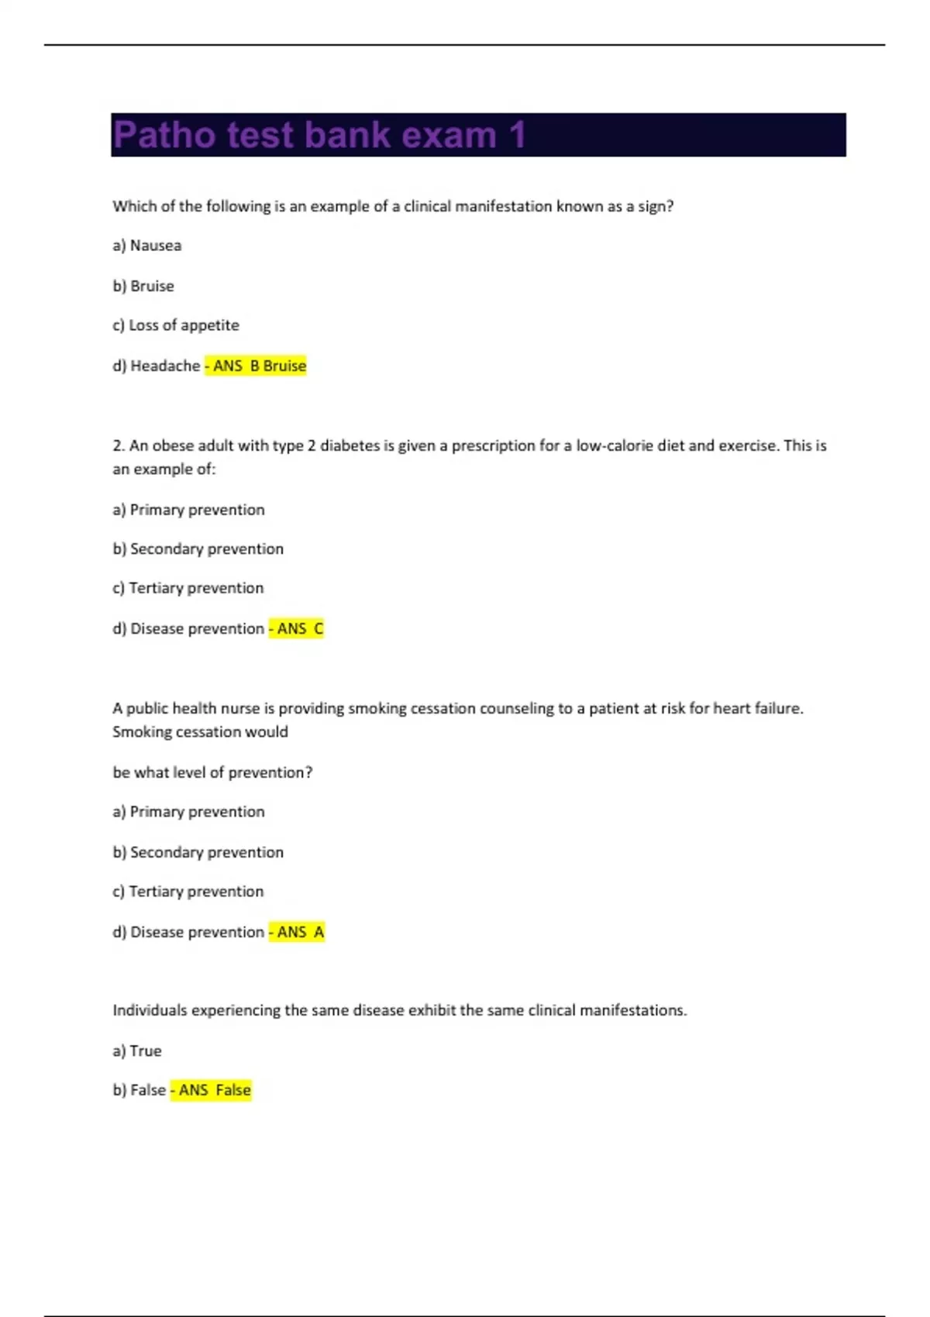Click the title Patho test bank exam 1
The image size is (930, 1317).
coord(319,135)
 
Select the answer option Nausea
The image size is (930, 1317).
coord(155,246)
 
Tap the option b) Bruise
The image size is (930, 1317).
coord(143,286)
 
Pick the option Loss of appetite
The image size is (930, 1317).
coord(184,325)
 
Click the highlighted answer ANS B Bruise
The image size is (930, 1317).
coord(257,366)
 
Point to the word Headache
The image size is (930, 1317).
coord(165,366)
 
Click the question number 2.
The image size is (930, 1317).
coord(118,445)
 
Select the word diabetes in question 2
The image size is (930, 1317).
coord(350,445)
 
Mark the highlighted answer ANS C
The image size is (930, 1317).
coord(297,628)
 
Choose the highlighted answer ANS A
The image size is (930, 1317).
coord(298,932)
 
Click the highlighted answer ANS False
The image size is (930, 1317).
coord(212,1090)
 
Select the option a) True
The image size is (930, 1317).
coord(137,1051)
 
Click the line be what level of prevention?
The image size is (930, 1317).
coord(212,772)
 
